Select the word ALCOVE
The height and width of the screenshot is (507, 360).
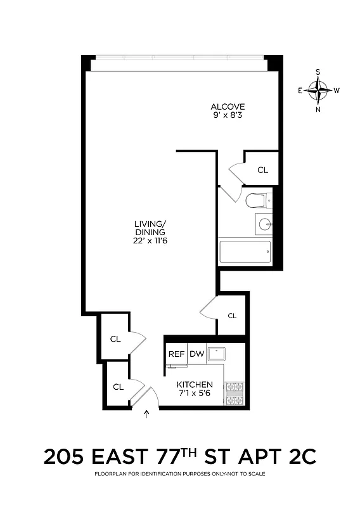click(x=228, y=106)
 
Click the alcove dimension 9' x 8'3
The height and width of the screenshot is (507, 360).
click(x=228, y=115)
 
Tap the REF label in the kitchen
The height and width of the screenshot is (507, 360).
click(x=176, y=354)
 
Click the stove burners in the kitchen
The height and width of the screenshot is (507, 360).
click(x=235, y=392)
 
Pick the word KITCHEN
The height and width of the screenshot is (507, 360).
click(x=195, y=385)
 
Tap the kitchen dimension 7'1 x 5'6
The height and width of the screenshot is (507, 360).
click(x=195, y=394)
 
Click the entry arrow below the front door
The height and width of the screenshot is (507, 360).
click(x=148, y=414)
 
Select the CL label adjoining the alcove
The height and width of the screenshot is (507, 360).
click(x=262, y=170)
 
